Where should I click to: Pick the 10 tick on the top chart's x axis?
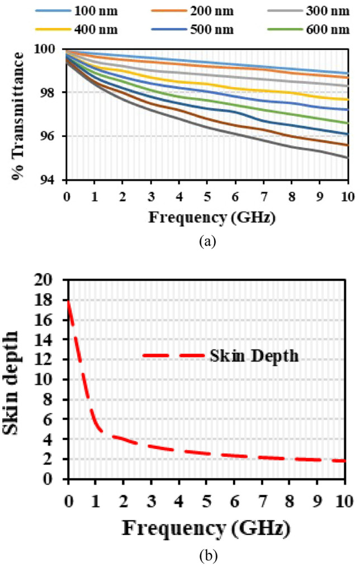pyautogui.click(x=347, y=196)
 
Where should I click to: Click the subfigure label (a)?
pyautogui.click(x=207, y=241)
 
